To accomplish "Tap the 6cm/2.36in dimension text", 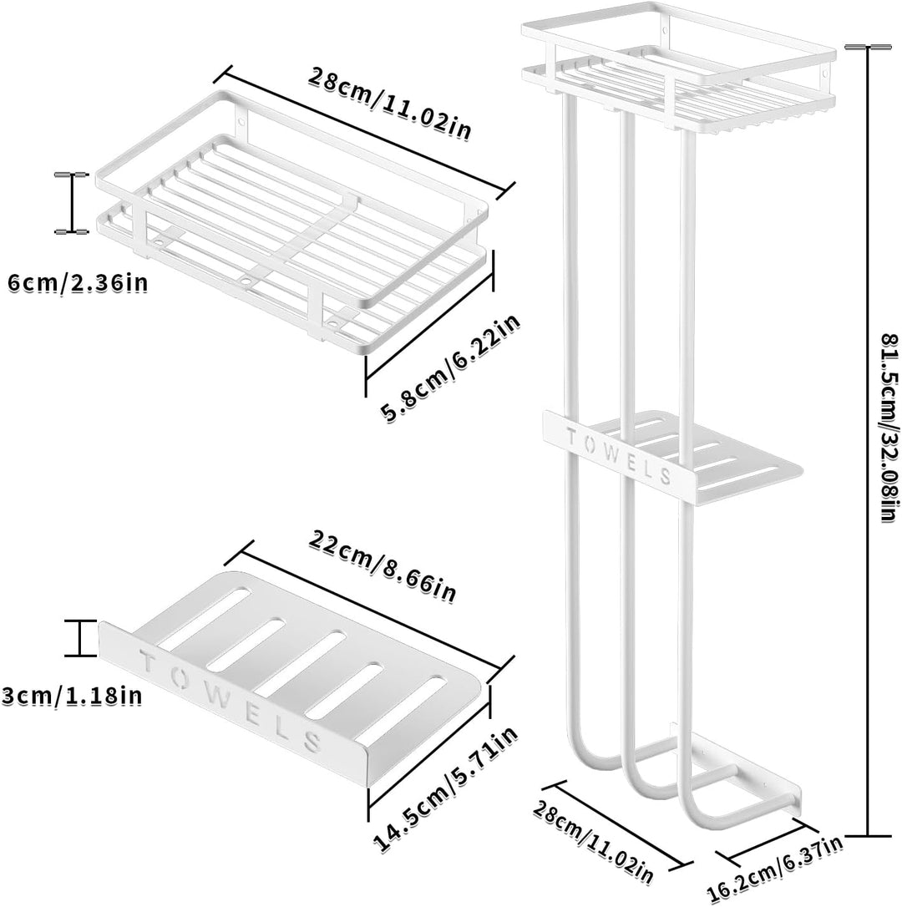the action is pos(79,283).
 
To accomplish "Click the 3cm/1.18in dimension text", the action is pos(72,694).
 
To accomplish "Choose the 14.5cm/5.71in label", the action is pos(445,789).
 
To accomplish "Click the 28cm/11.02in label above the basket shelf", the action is pos(389,104).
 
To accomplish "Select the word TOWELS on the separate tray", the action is pos(231,701).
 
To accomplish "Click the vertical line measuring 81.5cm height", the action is pos(867,441).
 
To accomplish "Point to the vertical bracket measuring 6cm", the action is pos(72,202).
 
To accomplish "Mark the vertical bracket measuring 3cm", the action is pos(80,638).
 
